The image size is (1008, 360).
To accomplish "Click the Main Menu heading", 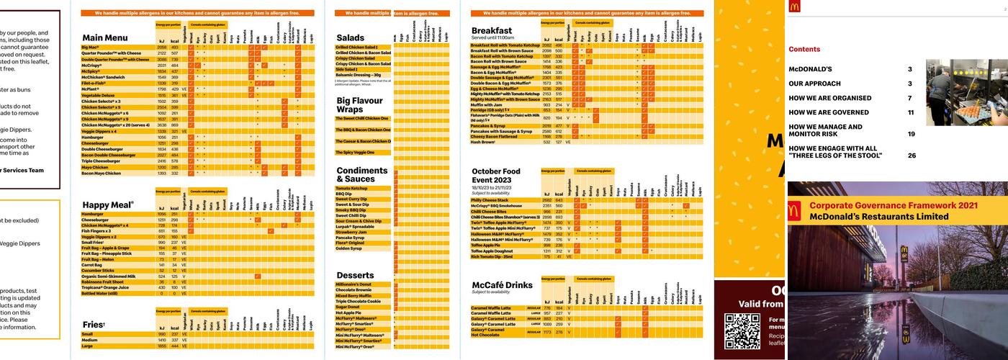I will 107,37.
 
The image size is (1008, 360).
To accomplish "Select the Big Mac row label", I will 91,48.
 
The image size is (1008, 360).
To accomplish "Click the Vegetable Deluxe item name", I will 98,95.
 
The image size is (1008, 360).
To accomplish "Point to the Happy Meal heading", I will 108,205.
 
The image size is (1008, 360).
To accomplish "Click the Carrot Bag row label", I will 92,265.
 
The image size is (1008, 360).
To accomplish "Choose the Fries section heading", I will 94,325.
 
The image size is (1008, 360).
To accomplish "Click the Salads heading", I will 350,37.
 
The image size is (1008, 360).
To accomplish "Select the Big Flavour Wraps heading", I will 359,105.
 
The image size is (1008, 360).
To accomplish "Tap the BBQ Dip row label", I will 344,194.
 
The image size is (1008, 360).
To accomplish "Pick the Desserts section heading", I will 355,275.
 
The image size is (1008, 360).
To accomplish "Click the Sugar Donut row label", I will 348,307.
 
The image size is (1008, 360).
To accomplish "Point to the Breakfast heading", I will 492,31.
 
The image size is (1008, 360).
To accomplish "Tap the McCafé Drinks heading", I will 502,285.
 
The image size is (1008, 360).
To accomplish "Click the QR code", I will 742,331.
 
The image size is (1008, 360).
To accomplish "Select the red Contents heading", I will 804,50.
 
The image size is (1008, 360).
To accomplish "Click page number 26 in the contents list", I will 911,156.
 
